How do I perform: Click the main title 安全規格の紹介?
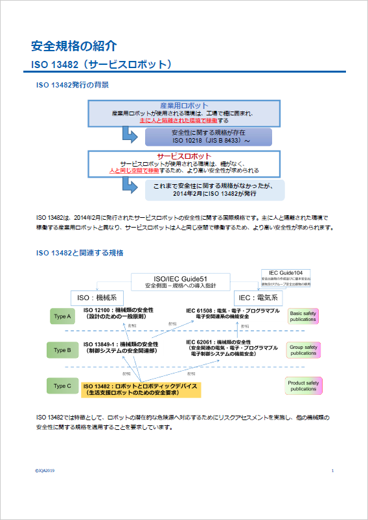(75, 46)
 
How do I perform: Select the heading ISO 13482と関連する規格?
(80, 252)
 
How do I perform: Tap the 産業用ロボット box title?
(184, 106)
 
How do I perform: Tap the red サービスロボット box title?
(184, 156)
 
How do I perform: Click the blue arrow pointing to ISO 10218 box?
(129, 135)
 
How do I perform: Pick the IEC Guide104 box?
(286, 278)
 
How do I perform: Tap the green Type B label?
(62, 350)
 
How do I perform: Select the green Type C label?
(62, 386)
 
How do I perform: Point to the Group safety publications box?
(303, 350)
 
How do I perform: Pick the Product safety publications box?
(303, 386)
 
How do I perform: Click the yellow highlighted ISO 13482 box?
(142, 389)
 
